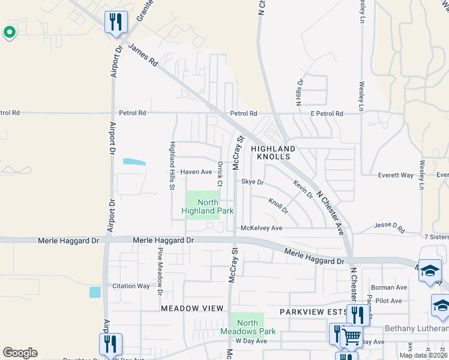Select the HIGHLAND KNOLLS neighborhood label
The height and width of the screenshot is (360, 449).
tap(273, 152)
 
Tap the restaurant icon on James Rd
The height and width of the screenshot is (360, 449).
tap(115, 23)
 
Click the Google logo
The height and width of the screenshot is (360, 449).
tap(20, 353)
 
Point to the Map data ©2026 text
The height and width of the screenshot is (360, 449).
tap(424, 355)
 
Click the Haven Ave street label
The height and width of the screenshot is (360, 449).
tap(196, 172)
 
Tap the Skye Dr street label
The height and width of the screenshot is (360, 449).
tap(253, 181)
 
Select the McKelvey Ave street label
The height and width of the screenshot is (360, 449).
tap(261, 228)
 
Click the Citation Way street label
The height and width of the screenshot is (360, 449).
tap(131, 286)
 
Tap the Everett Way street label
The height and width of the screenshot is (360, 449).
tap(396, 175)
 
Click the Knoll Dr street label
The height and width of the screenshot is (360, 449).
tap(279, 207)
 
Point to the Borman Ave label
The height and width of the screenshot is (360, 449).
tap(389, 287)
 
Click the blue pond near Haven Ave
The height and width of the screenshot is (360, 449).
tap(134, 161)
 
